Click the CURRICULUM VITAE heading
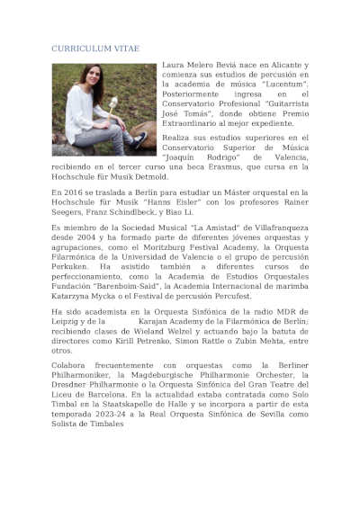(x=96, y=48)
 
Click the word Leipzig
(x=67, y=322)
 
